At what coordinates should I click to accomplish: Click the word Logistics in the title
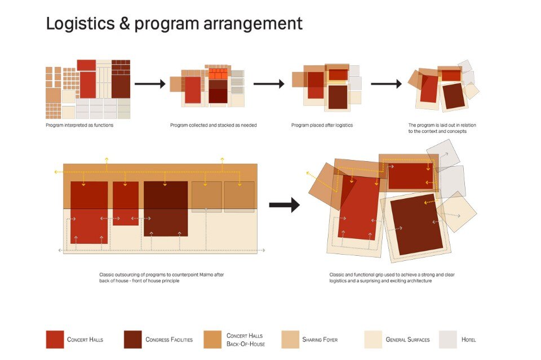pos(81,24)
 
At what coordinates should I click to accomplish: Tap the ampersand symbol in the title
pos(125,24)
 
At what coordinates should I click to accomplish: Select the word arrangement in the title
pos(253,24)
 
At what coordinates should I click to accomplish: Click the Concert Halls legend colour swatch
pos(55,339)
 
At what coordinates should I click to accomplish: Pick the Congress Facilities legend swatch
pos(133,339)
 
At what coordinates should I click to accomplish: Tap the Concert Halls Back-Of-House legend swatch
pos(212,339)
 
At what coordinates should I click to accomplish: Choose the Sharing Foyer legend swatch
pos(290,339)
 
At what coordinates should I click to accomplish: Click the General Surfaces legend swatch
pos(373,339)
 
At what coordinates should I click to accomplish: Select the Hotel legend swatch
pos(448,339)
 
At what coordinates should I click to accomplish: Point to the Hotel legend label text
pos(468,340)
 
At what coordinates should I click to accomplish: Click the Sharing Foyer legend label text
pos(320,340)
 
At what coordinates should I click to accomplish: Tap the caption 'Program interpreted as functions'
pos(79,125)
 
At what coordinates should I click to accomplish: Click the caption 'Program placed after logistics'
pos(322,125)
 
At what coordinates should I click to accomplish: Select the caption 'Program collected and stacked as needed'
pos(213,125)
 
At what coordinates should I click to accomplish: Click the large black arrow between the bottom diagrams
pos(284,205)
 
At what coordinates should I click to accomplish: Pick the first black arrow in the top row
pos(150,84)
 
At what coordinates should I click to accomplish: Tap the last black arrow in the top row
pos(386,84)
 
